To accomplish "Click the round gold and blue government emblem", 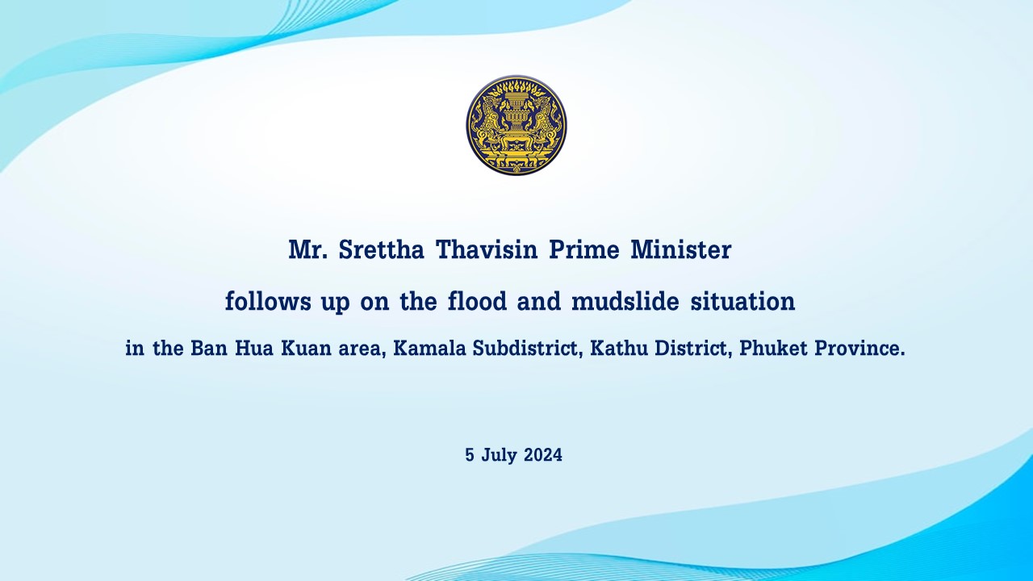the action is tap(516, 125).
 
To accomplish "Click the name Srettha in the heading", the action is tap(382, 250).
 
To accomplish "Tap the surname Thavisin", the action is tap(487, 250).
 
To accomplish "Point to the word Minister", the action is tap(680, 250).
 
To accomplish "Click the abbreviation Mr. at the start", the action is tap(307, 250).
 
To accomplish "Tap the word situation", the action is tap(742, 302).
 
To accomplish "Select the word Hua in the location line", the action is tap(253, 348).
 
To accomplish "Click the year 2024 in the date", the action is tap(543, 455).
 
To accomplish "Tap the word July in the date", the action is tap(500, 456).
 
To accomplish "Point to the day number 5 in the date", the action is tap(470, 455).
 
